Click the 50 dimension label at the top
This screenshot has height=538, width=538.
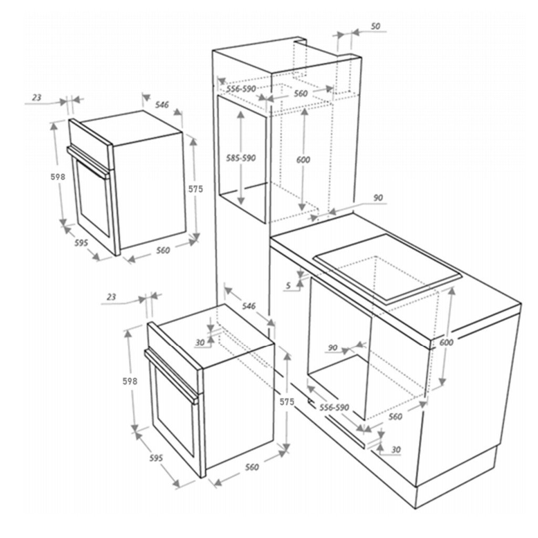click(376, 26)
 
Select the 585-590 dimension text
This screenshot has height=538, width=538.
click(241, 158)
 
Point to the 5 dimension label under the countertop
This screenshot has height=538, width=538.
click(288, 285)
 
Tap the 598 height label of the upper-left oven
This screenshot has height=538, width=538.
click(58, 177)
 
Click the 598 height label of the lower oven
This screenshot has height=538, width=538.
click(130, 381)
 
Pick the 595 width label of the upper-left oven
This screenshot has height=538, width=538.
click(81, 243)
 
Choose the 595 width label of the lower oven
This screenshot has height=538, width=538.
click(156, 458)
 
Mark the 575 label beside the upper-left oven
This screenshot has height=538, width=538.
click(195, 189)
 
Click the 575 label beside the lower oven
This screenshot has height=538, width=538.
click(287, 402)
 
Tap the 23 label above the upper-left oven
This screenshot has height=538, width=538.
click(36, 98)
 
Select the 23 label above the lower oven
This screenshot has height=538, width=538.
click(111, 297)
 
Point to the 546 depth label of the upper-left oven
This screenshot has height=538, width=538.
click(162, 105)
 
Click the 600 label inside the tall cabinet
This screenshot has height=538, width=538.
click(303, 160)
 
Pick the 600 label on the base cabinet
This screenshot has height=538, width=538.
click(446, 342)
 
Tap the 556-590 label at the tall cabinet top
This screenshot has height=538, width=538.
click(241, 89)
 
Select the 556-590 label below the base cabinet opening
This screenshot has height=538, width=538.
click(334, 407)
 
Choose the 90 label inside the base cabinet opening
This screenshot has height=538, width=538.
click(333, 348)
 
